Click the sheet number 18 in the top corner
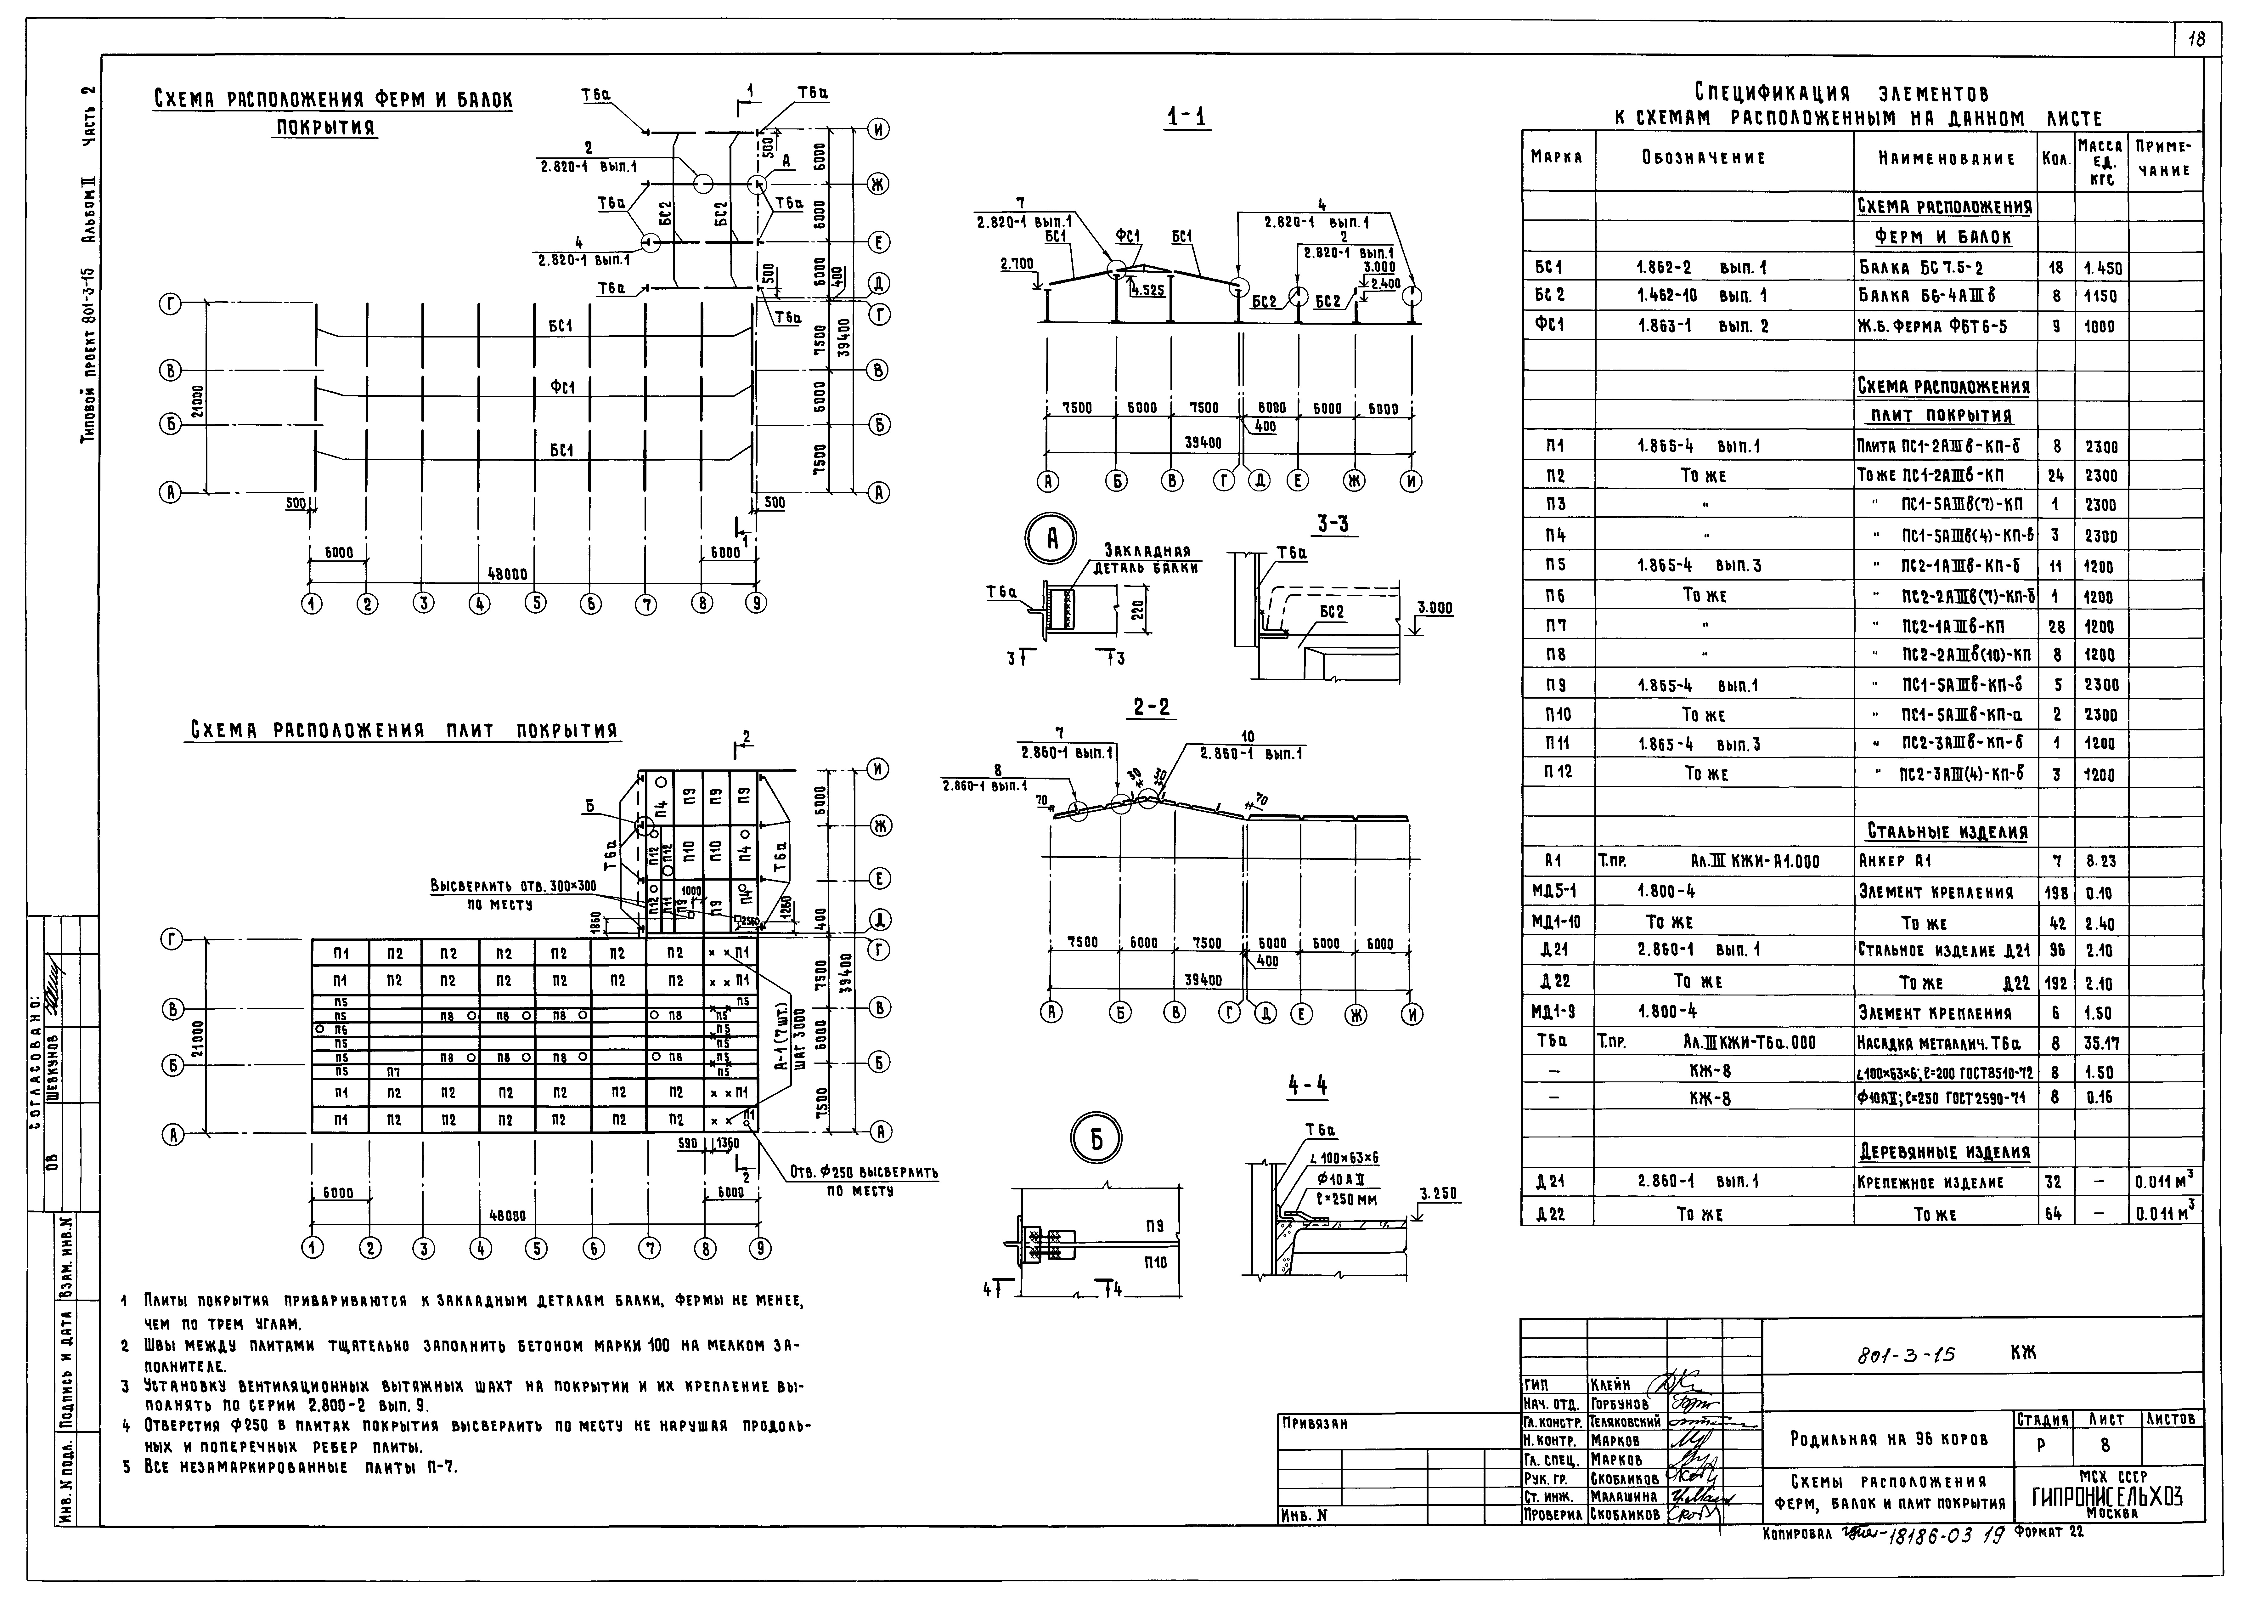point(2197,40)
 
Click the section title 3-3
point(1333,525)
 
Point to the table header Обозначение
point(1717,157)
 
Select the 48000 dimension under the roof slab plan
point(509,1217)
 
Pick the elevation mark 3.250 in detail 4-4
point(1438,1194)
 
